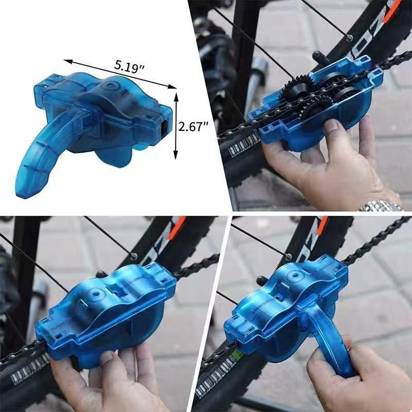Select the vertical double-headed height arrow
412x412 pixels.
click(x=176, y=126)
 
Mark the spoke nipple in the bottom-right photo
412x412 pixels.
click(x=288, y=256)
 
